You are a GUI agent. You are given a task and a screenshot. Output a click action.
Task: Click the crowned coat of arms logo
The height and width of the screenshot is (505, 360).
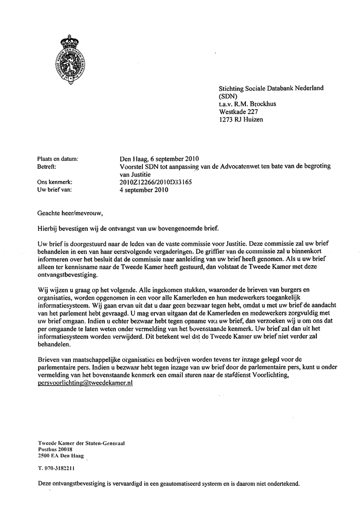pos(71,60)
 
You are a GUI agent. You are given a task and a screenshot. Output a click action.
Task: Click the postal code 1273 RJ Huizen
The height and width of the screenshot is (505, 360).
pos(241,119)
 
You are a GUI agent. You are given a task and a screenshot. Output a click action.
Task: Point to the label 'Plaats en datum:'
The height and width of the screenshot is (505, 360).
pos(58,159)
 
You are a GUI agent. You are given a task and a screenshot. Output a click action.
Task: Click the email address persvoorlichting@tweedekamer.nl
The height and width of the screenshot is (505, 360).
pos(85,382)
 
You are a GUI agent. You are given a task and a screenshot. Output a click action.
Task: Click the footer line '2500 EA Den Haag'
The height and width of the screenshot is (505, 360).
pos(59,455)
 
